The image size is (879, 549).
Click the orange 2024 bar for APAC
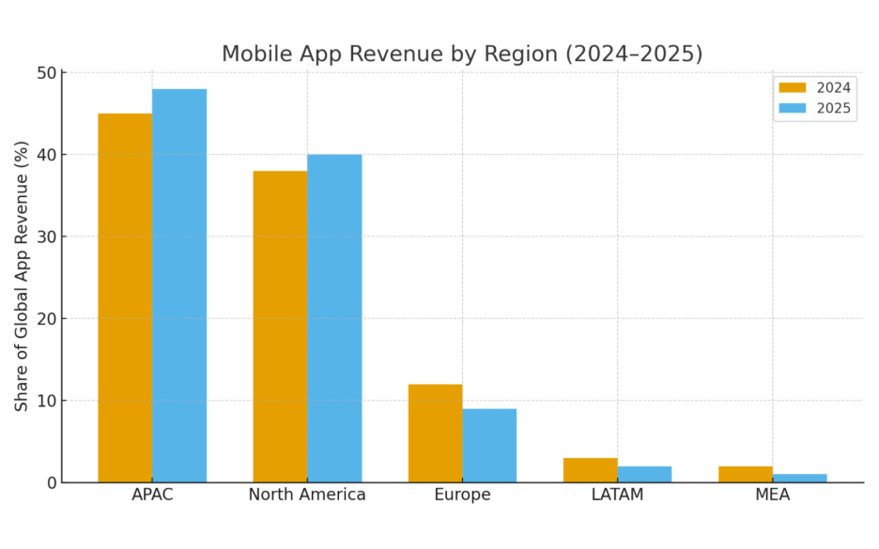125,297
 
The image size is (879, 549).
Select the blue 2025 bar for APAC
179,285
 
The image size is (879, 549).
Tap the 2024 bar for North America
280,327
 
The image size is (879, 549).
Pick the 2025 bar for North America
334,318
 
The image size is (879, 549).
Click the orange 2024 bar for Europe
435,433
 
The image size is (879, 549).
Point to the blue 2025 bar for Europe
489,445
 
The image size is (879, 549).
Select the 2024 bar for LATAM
590,470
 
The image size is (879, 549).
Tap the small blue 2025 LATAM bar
644,474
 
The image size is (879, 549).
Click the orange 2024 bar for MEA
746,474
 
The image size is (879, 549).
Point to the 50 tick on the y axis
46,73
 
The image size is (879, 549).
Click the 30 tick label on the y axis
46,236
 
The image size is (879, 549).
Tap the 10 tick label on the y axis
46,401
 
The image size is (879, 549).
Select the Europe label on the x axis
462,495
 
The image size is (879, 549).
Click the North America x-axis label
307,495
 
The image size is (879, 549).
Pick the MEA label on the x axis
772,495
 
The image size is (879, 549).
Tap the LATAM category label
617,495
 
